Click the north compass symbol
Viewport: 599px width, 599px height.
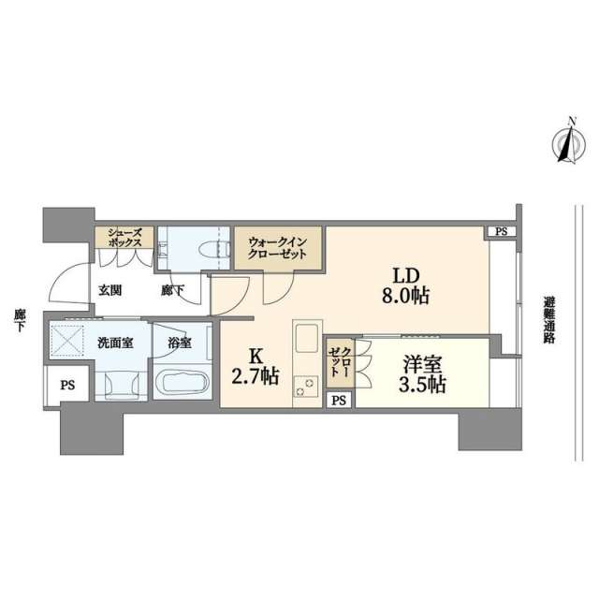[x=569, y=144]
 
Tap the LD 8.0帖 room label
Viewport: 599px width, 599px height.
[x=406, y=285]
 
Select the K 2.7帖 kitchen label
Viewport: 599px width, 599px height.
[x=255, y=367]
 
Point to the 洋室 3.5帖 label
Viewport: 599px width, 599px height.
[x=422, y=374]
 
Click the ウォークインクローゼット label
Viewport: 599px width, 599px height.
[x=277, y=248]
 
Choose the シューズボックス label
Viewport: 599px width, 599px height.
[x=124, y=237]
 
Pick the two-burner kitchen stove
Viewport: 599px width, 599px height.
[x=306, y=386]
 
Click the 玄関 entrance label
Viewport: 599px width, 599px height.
[x=110, y=291]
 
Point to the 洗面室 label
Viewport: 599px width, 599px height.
[x=115, y=343]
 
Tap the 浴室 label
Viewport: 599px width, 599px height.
[x=180, y=343]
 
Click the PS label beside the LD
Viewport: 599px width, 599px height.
[x=502, y=232]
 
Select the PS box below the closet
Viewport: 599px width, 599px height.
[x=339, y=401]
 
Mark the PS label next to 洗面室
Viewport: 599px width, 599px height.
[x=67, y=386]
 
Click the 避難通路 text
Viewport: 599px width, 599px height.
[x=549, y=319]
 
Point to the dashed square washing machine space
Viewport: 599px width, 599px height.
[x=67, y=340]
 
